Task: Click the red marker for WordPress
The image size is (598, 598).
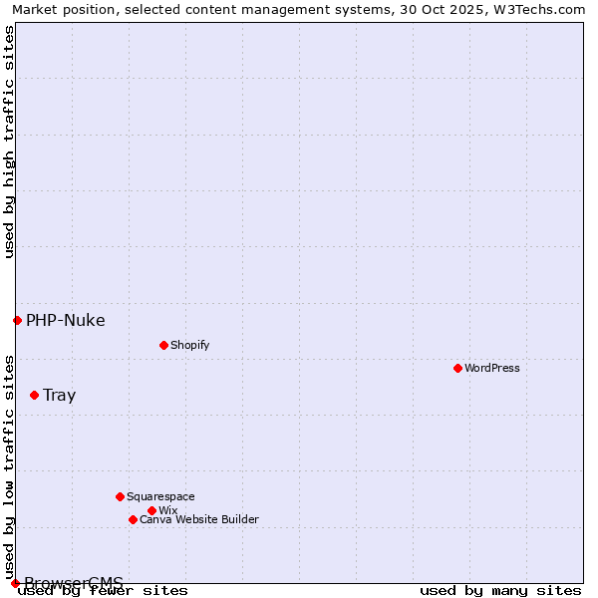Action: point(457,368)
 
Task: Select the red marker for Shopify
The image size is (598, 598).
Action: point(163,345)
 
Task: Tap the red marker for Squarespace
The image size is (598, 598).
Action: point(120,496)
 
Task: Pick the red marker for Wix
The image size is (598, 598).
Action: point(151,510)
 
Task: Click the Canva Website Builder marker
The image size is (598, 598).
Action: point(133,519)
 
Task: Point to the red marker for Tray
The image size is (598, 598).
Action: point(34,395)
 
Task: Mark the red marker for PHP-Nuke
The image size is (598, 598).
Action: point(17,320)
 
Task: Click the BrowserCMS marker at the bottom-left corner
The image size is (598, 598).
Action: point(15,583)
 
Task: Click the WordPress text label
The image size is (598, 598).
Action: point(492,368)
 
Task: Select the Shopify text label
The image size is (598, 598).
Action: point(190,345)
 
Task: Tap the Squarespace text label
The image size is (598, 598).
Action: point(160,496)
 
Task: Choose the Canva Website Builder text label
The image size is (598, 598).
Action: point(199,519)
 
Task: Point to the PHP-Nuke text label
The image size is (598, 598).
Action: point(66,320)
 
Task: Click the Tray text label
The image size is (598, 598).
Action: point(60,395)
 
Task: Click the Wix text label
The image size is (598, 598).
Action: point(168,510)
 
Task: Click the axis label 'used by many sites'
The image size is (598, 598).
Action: point(500,590)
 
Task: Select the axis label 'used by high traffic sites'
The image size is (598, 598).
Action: point(9,142)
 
